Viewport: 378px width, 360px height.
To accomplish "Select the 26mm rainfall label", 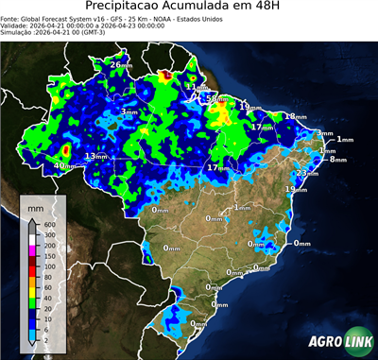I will tap(121, 64).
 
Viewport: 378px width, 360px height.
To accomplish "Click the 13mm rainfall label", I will tap(95, 156).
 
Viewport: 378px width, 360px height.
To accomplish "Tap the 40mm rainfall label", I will tap(64, 166).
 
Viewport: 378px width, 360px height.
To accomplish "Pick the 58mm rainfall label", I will tap(217, 98).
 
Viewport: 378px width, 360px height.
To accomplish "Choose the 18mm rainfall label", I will tap(296, 116).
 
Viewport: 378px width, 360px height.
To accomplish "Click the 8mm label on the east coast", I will tap(337, 160).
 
